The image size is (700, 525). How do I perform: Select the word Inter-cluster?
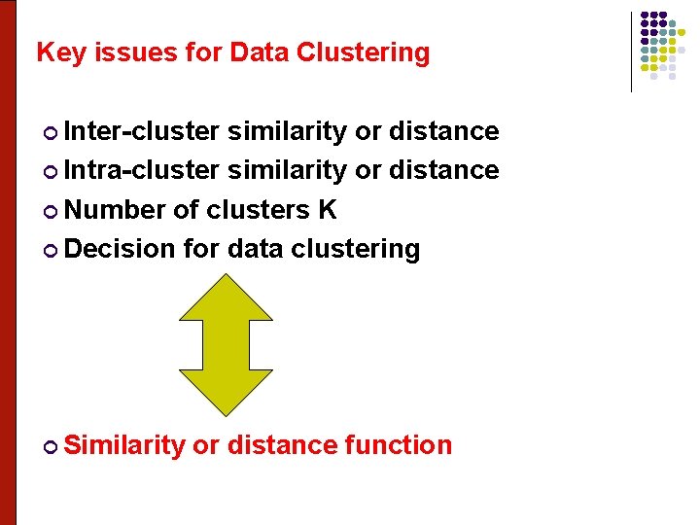(142, 131)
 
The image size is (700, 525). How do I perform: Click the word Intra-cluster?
(142, 170)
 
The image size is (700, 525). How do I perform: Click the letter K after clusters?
(326, 210)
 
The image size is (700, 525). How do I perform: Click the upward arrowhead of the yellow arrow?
(227, 297)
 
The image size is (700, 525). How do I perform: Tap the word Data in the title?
(260, 52)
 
